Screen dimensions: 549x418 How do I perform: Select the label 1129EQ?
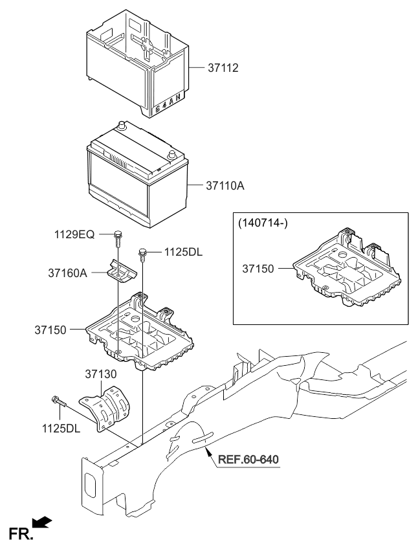pos(75,234)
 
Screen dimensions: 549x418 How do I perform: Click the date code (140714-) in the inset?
pos(263,224)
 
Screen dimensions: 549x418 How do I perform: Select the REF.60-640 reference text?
pos(248,460)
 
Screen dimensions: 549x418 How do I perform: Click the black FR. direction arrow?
pos(40,522)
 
